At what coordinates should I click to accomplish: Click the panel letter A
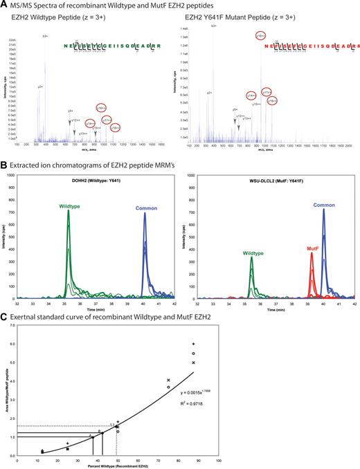pos(3,6)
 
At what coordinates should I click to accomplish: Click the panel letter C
pos(3,316)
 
